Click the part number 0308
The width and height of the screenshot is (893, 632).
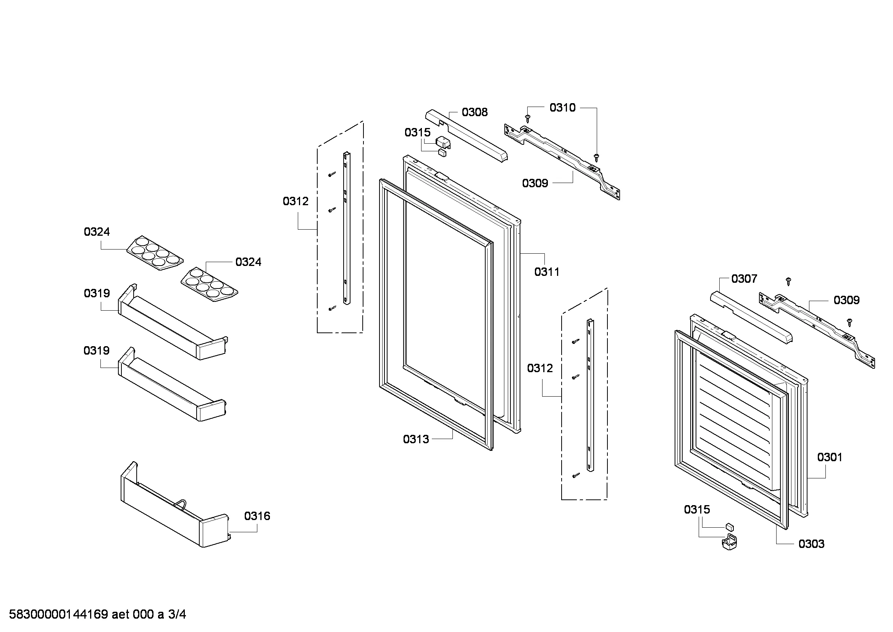click(475, 112)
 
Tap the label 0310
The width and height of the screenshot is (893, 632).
click(562, 108)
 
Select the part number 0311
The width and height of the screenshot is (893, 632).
click(547, 272)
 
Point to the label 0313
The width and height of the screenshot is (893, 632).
click(416, 439)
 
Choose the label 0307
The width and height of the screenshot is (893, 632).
click(744, 279)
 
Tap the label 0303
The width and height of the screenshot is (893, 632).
click(811, 544)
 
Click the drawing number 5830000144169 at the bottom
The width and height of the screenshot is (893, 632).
click(58, 615)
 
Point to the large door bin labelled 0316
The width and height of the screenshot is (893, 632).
click(174, 506)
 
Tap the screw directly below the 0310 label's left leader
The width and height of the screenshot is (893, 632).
click(528, 118)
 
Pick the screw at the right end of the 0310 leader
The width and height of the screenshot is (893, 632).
click(597, 157)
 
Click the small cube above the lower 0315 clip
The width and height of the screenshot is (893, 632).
click(730, 527)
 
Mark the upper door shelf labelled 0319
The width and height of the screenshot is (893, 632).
click(173, 322)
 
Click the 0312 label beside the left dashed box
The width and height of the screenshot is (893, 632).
click(296, 201)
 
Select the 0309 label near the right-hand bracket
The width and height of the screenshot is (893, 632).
click(846, 300)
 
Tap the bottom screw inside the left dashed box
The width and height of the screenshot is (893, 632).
click(332, 309)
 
